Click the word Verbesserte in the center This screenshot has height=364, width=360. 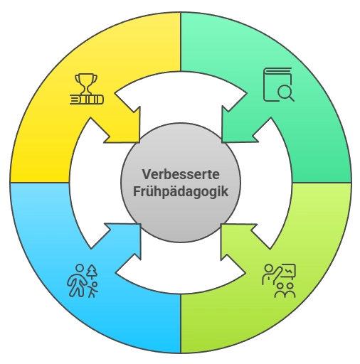point(181,174)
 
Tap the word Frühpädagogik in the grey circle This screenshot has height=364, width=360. point(181,191)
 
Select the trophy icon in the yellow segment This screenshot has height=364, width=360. point(86,89)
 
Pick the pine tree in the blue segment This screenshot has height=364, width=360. point(92,272)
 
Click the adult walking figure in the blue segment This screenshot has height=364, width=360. point(78,281)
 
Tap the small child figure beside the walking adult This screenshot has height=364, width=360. point(93,289)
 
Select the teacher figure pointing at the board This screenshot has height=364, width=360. point(270,274)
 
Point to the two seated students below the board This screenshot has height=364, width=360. point(285,290)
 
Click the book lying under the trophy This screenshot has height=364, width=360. point(87,100)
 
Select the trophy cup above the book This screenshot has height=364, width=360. point(86,84)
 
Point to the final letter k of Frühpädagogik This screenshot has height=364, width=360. point(225,191)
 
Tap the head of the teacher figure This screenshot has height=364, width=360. point(268,268)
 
